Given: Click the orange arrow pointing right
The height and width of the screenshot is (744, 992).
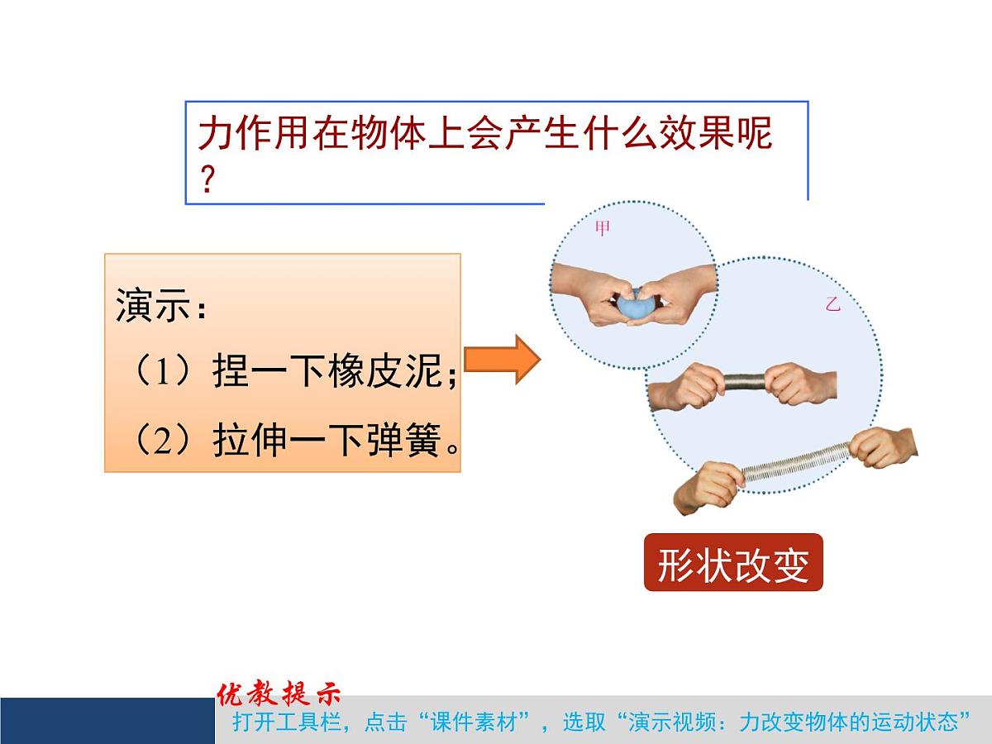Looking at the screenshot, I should coord(502,360).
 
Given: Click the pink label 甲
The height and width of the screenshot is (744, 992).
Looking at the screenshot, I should coord(601,229).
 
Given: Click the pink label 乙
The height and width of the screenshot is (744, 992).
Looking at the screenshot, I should coord(832,303).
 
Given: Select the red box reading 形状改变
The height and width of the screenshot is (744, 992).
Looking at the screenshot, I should coord(733,566).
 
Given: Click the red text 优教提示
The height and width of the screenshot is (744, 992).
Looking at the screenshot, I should coord(279,693).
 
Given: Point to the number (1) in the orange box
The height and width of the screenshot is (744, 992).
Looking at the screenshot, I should coord(162,372).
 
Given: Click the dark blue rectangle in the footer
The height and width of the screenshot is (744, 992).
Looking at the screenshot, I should coord(107,720).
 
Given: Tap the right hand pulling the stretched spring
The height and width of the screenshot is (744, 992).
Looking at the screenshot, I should coord(883,447).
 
